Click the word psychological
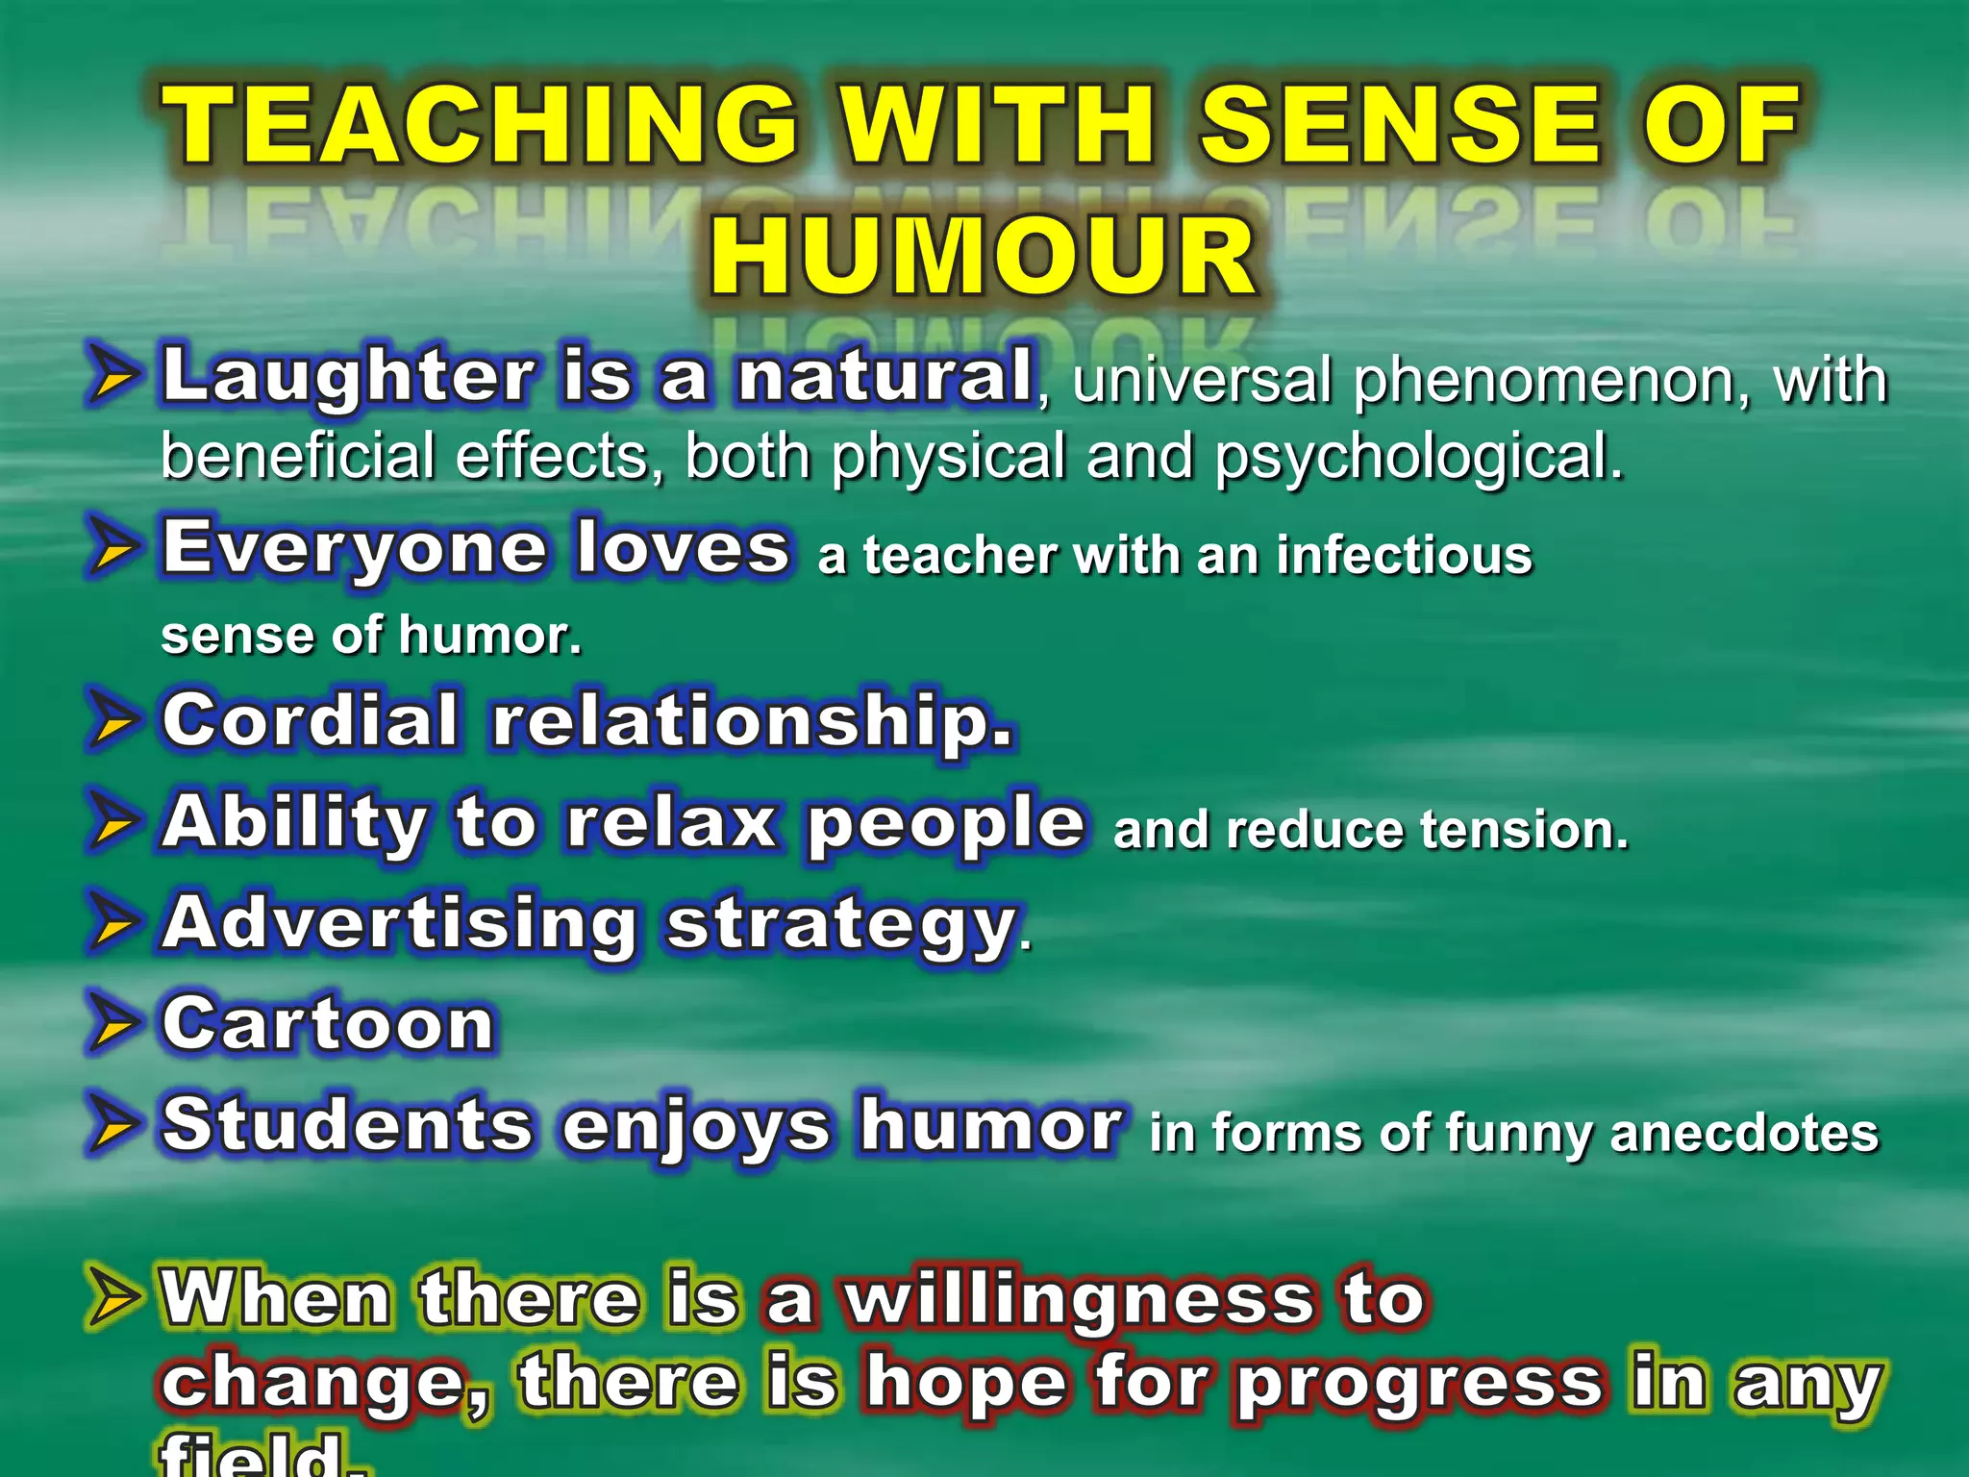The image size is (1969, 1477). pos(1418,458)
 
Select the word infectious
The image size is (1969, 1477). pos(1404,556)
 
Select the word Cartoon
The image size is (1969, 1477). pos(328,1024)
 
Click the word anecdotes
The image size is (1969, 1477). pos(1743,1133)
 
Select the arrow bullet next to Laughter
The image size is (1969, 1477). pos(113,375)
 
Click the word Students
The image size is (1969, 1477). pos(347,1125)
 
